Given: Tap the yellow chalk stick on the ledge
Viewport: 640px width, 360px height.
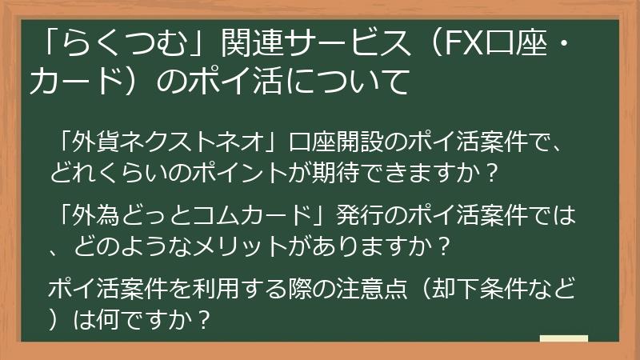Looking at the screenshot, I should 563,338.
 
